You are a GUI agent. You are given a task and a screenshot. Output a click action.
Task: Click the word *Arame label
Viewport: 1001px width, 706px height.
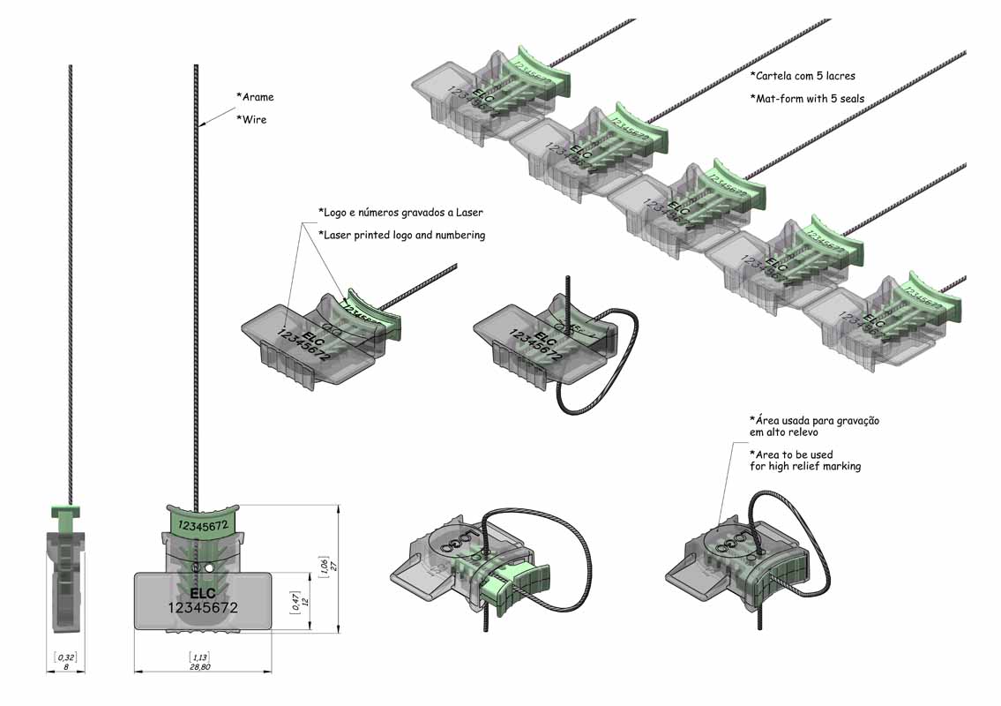tap(255, 97)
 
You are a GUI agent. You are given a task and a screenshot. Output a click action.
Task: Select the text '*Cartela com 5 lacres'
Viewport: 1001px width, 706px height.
tap(803, 76)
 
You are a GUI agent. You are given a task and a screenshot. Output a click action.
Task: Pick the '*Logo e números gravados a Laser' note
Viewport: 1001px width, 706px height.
tap(400, 212)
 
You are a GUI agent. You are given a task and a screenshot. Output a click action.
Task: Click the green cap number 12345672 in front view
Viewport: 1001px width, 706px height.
tap(204, 524)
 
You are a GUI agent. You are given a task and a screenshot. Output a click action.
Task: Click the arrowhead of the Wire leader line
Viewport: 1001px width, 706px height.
tap(200, 125)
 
